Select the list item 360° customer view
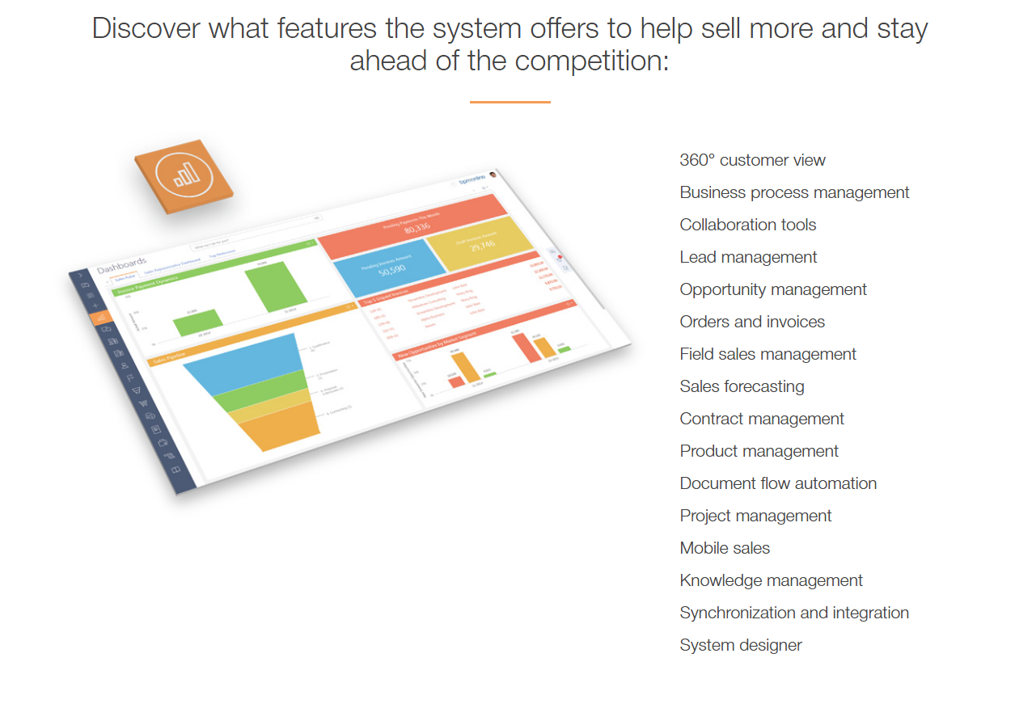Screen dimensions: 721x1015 point(752,160)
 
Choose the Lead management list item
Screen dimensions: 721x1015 point(748,257)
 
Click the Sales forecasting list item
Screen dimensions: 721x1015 point(742,386)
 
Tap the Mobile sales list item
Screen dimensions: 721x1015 point(725,548)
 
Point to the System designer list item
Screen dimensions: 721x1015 point(741,645)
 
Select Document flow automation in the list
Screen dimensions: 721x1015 point(778,483)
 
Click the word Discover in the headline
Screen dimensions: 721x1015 point(146,29)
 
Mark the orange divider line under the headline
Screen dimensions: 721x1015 point(510,102)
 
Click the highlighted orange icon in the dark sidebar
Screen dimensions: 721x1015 point(101,318)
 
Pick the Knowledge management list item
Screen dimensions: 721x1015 point(771,580)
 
